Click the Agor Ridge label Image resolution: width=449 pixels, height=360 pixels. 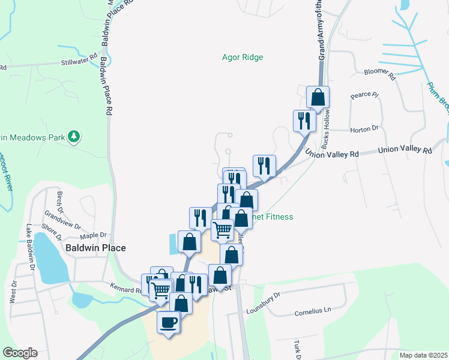pyautogui.click(x=243, y=57)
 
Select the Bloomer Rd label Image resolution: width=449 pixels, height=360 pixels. pyautogui.click(x=381, y=74)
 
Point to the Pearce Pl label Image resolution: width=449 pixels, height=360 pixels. pyautogui.click(x=365, y=95)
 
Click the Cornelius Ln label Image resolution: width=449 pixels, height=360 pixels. pyautogui.click(x=313, y=313)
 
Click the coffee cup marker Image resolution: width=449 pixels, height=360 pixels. pyautogui.click(x=168, y=322)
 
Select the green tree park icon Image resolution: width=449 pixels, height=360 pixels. pyautogui.click(x=74, y=137)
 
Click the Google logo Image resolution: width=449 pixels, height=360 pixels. pyautogui.click(x=20, y=352)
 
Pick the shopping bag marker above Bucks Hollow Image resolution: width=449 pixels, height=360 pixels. pyautogui.click(x=318, y=97)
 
